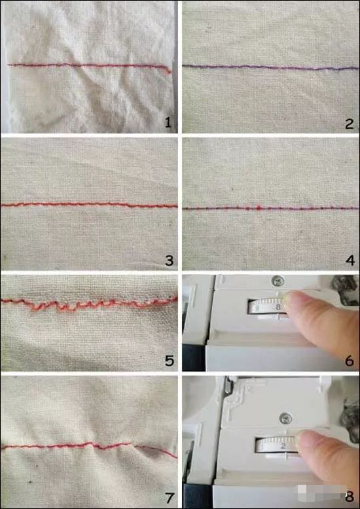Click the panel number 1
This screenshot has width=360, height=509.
click(168, 123)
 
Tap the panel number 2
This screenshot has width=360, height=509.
click(350, 124)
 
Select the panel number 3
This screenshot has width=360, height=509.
click(170, 260)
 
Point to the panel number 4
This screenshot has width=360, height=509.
click(350, 260)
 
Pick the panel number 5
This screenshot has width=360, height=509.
click(170, 360)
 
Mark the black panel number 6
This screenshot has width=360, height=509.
click(350, 360)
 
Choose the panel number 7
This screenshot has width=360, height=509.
click(170, 498)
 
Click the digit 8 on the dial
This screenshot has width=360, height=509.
click(278, 307)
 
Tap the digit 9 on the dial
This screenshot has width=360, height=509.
click(257, 308)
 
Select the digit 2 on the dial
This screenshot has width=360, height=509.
click(283, 447)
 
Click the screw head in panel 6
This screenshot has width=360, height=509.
click(278, 281)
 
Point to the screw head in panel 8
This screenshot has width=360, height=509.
click(285, 419)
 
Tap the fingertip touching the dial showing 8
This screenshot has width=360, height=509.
click(294, 300)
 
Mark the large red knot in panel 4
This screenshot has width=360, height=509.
click(259, 206)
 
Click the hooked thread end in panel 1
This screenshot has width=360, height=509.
click(168, 70)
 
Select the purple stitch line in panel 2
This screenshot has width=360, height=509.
click(270, 67)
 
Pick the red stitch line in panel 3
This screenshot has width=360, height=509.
click(89, 205)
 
